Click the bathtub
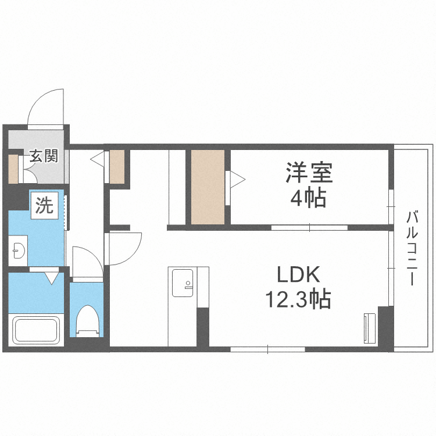point(36,330)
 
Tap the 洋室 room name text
point(308,172)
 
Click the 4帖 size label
point(308,198)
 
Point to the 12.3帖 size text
point(298,300)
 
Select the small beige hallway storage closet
point(117,167)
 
